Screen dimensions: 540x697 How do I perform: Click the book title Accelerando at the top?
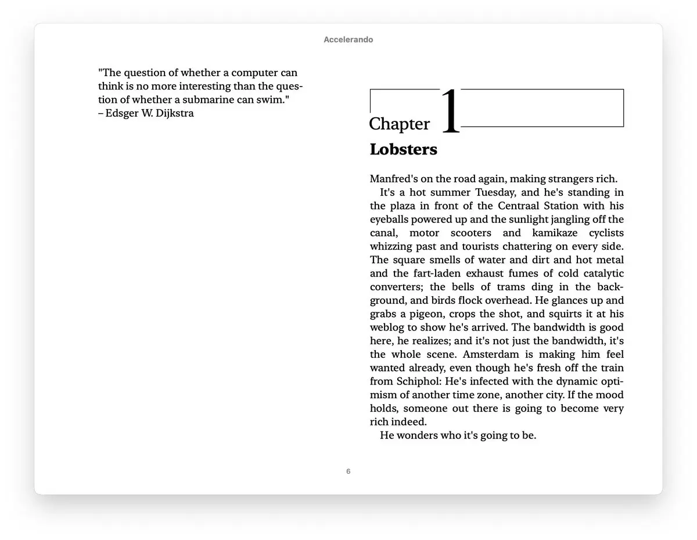[x=348, y=40]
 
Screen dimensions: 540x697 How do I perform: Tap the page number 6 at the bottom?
[x=348, y=471]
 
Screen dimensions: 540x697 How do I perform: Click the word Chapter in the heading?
[x=400, y=124]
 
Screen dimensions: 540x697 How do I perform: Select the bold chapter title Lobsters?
[x=403, y=149]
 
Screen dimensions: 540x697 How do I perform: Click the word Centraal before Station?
[x=518, y=206]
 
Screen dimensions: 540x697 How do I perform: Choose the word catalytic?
[x=601, y=273]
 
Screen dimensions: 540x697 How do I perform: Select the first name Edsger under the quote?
[x=124, y=113]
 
